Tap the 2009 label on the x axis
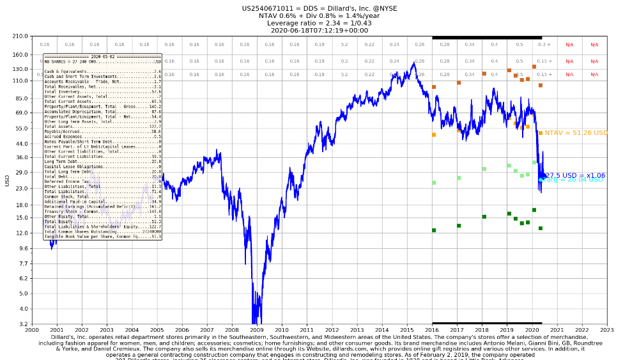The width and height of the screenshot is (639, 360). [256, 330]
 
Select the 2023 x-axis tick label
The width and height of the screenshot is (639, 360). [606, 330]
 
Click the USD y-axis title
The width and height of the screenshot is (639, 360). [8, 180]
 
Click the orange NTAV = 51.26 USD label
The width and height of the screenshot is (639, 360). [576, 133]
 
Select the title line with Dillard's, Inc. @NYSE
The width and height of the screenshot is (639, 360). [319, 8]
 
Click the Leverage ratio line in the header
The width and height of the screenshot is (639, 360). [319, 23]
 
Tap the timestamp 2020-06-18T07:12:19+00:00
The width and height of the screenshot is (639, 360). [319, 30]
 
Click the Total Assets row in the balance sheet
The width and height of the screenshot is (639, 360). [102, 127]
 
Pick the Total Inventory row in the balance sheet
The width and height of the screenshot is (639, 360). [102, 92]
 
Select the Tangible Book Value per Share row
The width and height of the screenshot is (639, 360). [102, 237]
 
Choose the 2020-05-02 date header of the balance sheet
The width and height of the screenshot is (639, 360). [102, 56]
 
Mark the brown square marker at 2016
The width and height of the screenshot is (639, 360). [434, 87]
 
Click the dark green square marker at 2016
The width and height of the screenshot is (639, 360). [434, 230]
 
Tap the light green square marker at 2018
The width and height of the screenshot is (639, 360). [484, 169]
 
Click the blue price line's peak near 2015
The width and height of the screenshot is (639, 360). [414, 63]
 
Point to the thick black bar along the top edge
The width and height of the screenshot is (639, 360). [487, 38]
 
